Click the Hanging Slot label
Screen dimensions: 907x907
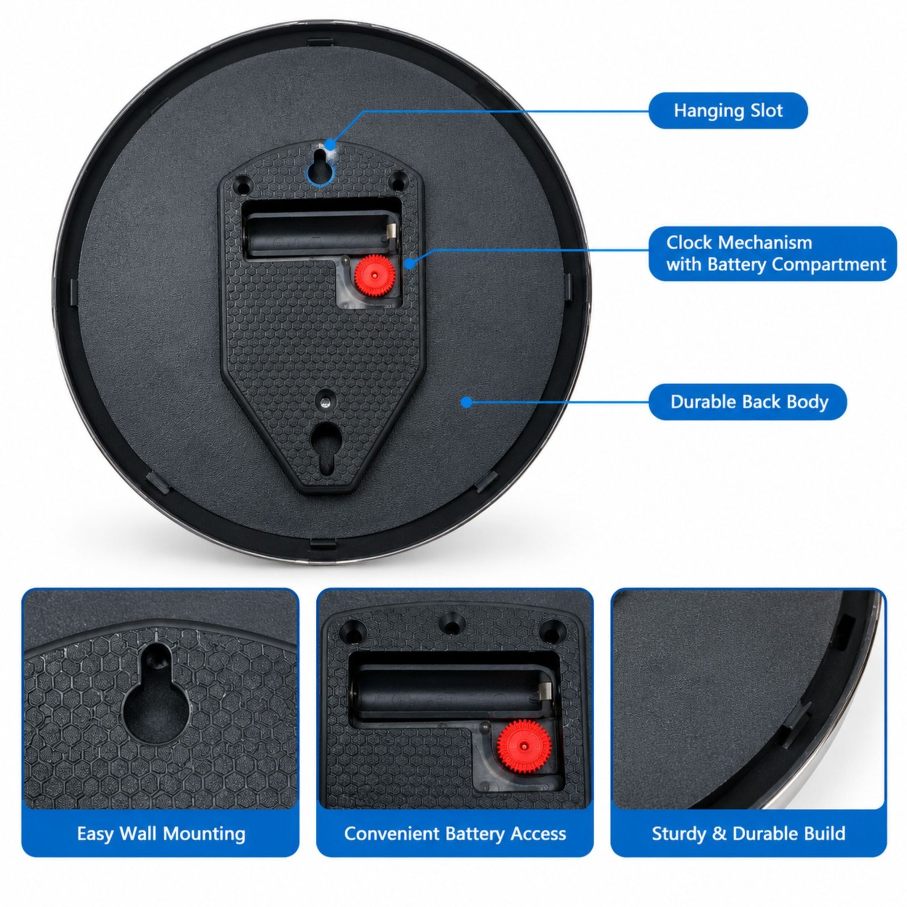click(728, 111)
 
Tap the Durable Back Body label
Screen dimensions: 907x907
click(748, 402)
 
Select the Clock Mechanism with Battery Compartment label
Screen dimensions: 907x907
click(773, 253)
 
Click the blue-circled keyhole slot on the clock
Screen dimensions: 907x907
click(320, 164)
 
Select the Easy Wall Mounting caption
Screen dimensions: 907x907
click(161, 833)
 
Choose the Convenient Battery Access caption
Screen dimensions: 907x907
click(455, 833)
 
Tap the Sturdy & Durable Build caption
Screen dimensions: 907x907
click(748, 833)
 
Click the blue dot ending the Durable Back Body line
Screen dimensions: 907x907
click(466, 402)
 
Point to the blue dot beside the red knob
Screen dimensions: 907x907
click(410, 263)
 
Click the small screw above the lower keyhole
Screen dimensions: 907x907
click(324, 401)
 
